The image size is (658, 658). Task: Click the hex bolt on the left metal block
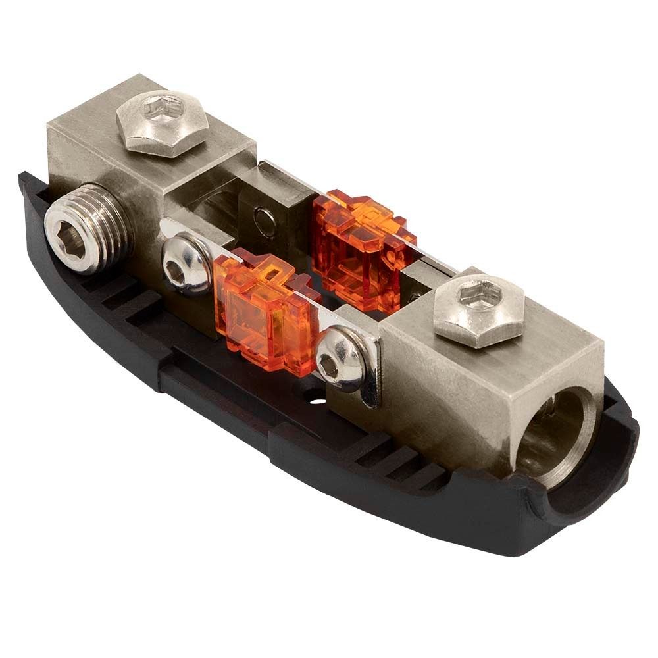pyautogui.click(x=163, y=122)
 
